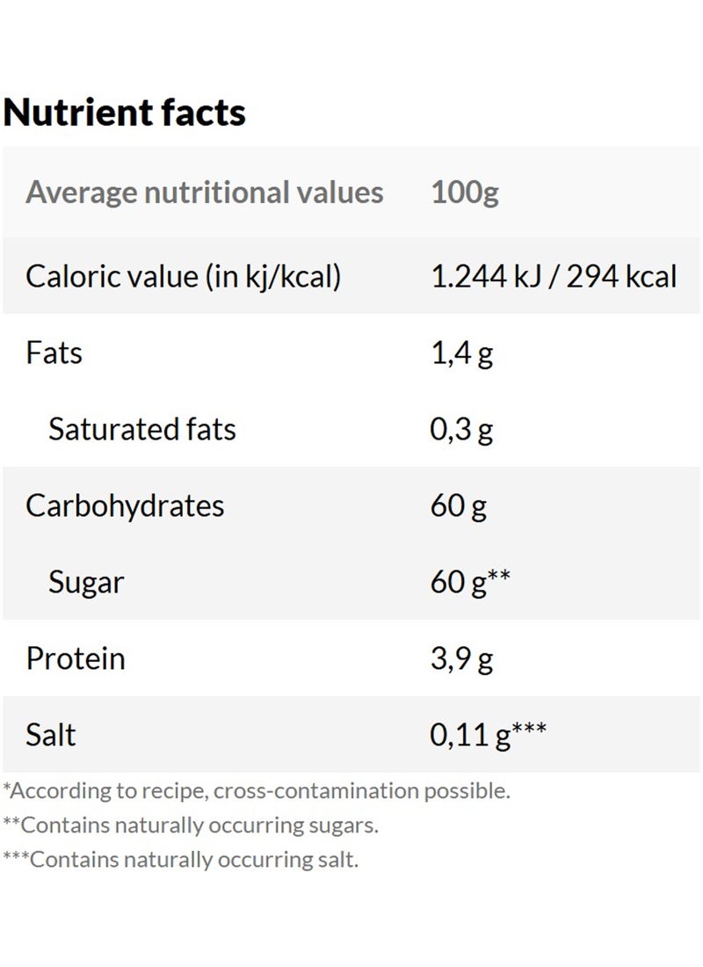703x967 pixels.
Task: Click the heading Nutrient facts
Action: coord(125,113)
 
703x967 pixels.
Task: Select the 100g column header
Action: coord(465,193)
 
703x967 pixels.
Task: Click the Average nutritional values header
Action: coord(205,193)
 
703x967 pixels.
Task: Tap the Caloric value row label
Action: coord(183,277)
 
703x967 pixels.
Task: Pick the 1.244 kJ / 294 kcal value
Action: coord(554,277)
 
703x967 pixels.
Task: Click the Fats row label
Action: coord(54,353)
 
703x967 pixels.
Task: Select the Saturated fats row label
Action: coord(142,430)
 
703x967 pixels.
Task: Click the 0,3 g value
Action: coord(461,430)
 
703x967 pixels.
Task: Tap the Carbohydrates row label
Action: coord(125,506)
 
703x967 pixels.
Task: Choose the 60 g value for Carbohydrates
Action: coord(459,506)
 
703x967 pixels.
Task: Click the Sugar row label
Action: coord(86,582)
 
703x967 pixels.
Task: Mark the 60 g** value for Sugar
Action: coord(471,582)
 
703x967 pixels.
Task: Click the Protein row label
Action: coord(76,658)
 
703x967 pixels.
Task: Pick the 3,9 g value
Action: coord(461,658)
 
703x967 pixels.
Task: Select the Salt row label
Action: coord(51,735)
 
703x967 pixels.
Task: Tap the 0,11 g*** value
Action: coord(488,735)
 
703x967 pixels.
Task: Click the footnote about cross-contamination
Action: coord(257,790)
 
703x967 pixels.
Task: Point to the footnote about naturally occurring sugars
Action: coord(191,825)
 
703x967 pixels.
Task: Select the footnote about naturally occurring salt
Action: coord(181,860)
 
